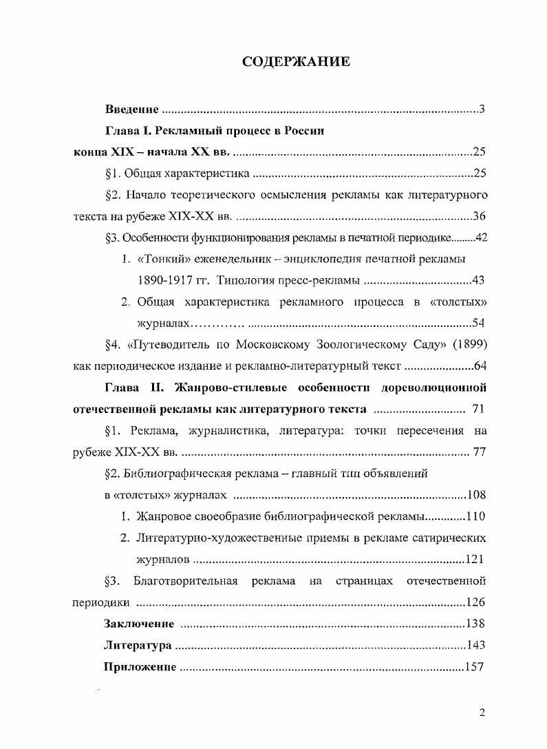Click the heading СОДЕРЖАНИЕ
coord(297,63)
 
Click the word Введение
coord(132,109)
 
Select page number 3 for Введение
coord(483,109)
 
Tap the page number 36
coord(480,216)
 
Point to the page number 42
coord(480,238)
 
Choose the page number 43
coord(480,281)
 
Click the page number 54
coord(480,324)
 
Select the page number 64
coord(480,366)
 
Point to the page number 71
coord(480,410)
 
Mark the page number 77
coord(480,452)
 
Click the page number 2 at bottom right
coord(482,713)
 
